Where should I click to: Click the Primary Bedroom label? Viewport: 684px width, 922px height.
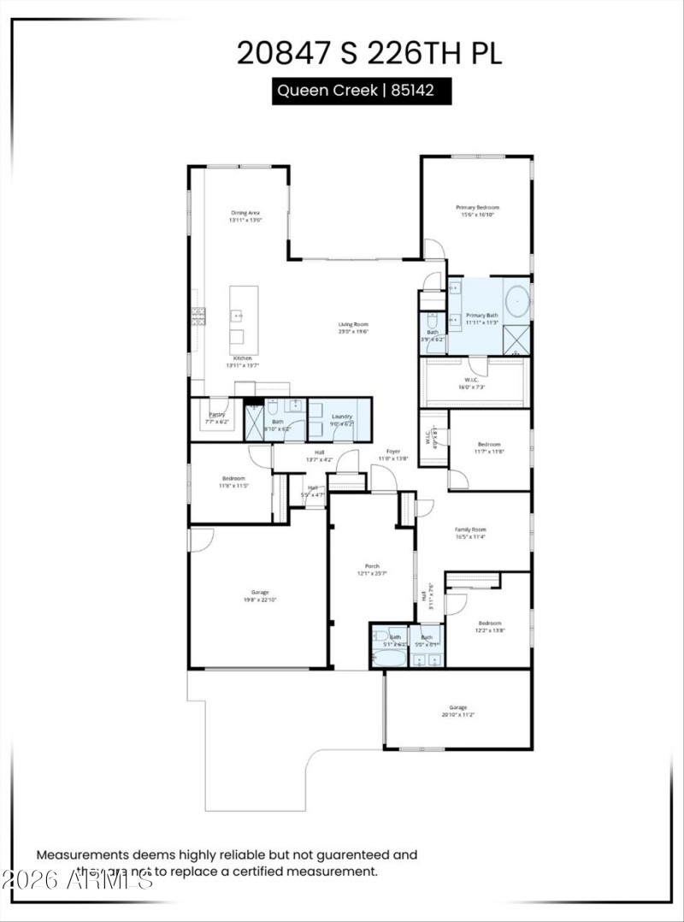(477, 208)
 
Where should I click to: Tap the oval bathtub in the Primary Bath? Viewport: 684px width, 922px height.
(517, 303)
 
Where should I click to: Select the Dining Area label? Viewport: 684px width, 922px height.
(245, 213)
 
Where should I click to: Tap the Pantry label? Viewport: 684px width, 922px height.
(217, 415)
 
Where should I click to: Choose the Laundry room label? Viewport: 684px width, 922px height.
(342, 417)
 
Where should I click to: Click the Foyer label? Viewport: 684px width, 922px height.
(392, 452)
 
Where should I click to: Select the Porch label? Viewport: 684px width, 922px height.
(372, 566)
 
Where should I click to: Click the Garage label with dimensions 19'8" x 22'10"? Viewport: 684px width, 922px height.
(260, 593)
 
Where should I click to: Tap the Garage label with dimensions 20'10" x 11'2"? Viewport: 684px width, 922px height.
(458, 707)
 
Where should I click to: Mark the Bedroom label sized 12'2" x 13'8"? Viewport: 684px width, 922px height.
(490, 624)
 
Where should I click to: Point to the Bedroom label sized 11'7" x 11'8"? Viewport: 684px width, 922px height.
(489, 445)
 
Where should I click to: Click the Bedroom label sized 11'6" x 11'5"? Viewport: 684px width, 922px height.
(233, 478)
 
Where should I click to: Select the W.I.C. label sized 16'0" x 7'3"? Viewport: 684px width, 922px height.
(470, 381)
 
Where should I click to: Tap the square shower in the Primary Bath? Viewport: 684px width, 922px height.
(516, 341)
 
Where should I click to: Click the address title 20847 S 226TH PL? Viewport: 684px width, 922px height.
(369, 53)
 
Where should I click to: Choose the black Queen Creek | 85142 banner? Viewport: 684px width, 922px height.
(362, 91)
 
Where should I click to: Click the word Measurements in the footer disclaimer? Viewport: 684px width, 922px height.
(81, 854)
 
